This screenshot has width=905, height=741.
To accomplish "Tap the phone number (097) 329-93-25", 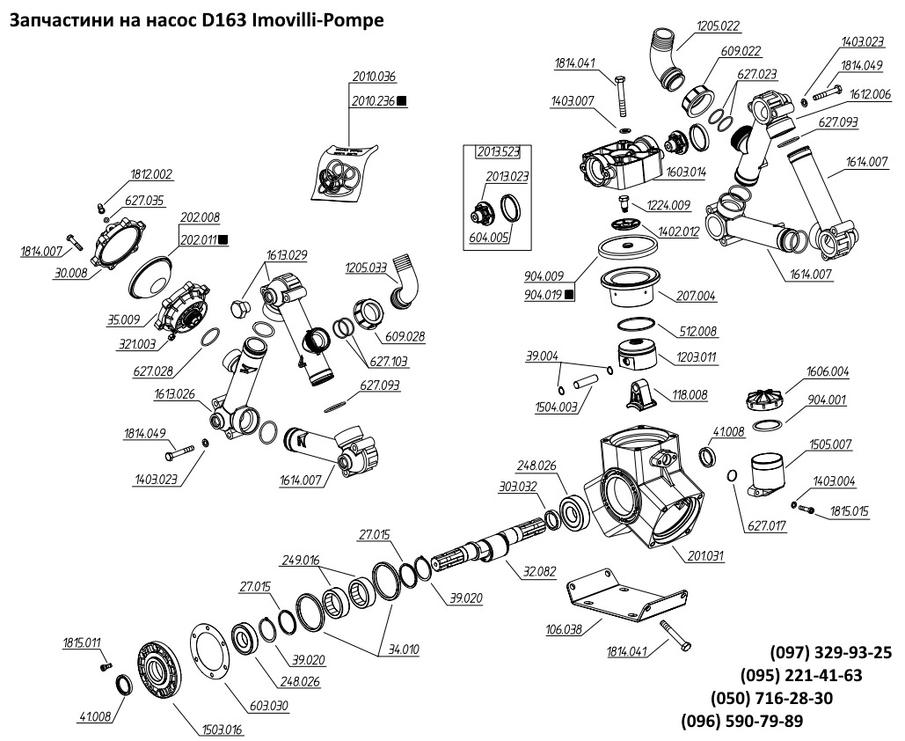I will [x=830, y=653].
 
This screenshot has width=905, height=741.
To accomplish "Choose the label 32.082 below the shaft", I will [x=539, y=571].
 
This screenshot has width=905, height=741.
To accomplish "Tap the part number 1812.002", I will [x=151, y=173].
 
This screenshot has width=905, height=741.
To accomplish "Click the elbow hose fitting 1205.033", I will [x=406, y=279].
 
